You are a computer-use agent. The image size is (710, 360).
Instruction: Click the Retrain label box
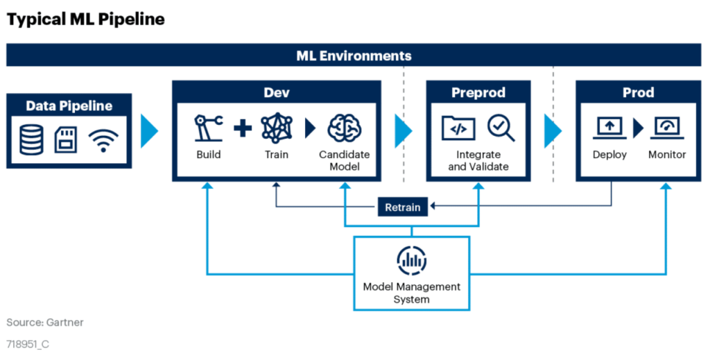[403, 207]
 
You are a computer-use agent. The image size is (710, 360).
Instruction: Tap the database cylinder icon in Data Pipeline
[32, 139]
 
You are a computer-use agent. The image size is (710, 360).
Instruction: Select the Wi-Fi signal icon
[103, 140]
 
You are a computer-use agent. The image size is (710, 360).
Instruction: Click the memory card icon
[66, 140]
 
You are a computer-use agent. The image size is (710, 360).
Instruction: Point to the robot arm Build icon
[209, 128]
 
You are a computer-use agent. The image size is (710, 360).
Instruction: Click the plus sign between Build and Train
[243, 128]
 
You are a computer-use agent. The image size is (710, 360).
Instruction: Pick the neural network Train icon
[277, 128]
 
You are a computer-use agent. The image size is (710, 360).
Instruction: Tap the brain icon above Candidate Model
[344, 128]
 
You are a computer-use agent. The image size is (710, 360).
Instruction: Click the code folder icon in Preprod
[458, 128]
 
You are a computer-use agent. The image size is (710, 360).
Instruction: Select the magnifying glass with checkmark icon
[501, 128]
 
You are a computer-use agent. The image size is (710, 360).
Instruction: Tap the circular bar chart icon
[412, 260]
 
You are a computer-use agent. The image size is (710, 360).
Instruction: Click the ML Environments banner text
[354, 55]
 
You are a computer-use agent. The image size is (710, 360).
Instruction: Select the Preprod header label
[478, 92]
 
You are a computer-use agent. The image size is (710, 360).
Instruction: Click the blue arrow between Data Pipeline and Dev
[150, 131]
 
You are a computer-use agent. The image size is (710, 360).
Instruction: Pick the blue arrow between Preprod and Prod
[553, 131]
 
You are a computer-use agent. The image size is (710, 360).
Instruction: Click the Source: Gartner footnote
[45, 323]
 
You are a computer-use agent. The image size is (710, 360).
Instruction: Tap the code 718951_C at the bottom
[28, 344]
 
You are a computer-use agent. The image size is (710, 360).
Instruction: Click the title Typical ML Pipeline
[85, 19]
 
